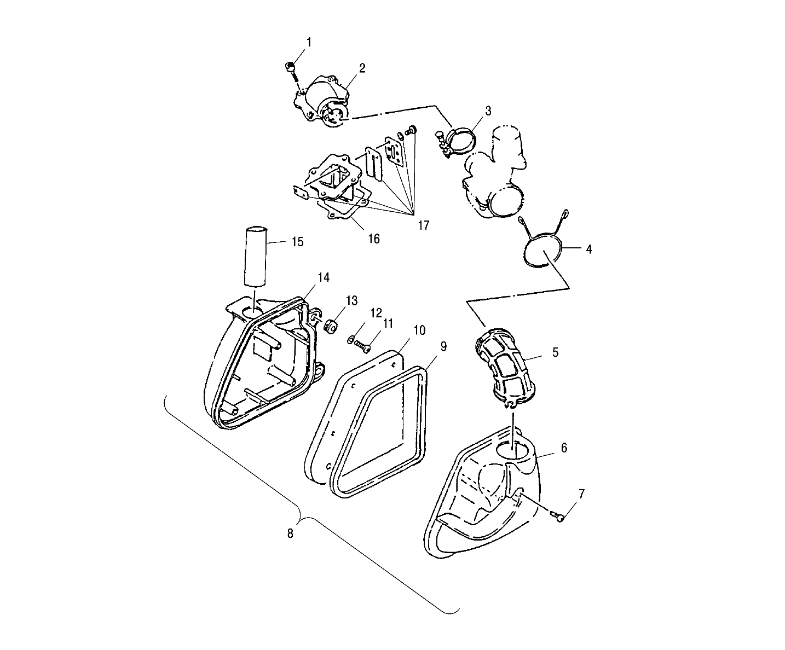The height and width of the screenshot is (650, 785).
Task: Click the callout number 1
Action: [309, 42]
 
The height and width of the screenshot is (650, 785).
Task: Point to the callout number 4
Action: [588, 249]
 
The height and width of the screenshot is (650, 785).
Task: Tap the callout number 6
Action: [564, 448]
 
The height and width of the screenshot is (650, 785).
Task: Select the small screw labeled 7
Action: [559, 515]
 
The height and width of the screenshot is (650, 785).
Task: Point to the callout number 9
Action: [443, 346]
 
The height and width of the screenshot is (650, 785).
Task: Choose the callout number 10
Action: [419, 330]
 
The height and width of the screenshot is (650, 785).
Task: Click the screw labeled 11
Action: [362, 345]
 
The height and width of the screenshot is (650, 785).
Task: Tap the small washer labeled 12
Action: [350, 340]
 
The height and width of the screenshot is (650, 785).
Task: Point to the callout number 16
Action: [373, 239]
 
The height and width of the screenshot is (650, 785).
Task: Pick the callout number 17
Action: [423, 225]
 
